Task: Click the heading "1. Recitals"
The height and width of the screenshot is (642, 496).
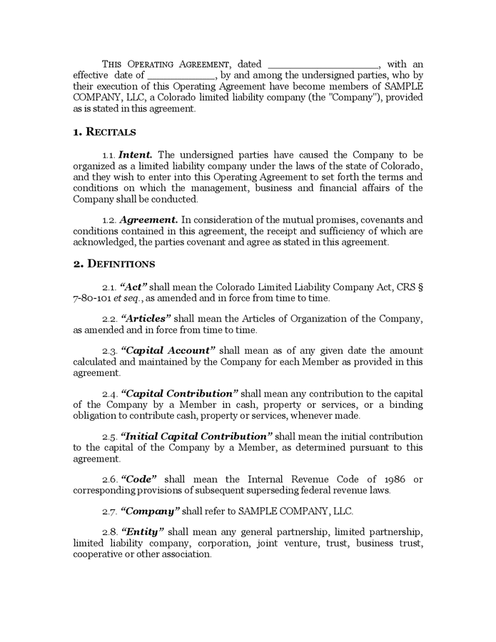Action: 105,132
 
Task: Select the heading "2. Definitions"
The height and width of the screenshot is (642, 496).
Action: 114,264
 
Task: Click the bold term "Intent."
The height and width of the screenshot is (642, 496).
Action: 136,155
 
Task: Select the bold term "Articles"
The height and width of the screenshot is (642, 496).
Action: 146,319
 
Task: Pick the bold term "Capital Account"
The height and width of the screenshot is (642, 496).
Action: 168,351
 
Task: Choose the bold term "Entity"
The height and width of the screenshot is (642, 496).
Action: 143,532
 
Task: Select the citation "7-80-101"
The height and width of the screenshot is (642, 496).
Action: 94,298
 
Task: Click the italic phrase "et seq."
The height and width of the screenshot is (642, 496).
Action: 133,298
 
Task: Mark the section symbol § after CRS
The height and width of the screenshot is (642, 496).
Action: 419,287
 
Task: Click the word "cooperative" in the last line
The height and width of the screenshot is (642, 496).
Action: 98,554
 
